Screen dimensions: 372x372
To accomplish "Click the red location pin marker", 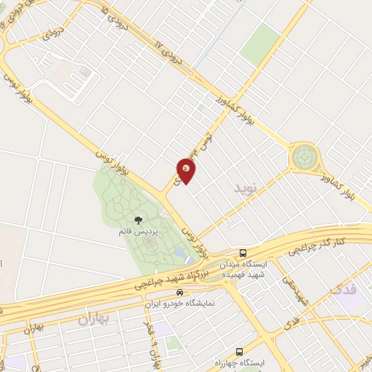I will [x=187, y=171].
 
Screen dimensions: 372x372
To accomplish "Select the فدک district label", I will [x=343, y=290].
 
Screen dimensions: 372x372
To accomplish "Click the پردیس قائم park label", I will [x=136, y=230].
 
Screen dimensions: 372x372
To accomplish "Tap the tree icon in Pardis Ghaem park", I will [x=137, y=219].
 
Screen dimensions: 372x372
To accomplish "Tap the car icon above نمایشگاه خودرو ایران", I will [x=169, y=292].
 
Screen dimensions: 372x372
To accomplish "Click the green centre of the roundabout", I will [x=306, y=157].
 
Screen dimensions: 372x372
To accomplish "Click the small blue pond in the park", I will [x=190, y=259].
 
